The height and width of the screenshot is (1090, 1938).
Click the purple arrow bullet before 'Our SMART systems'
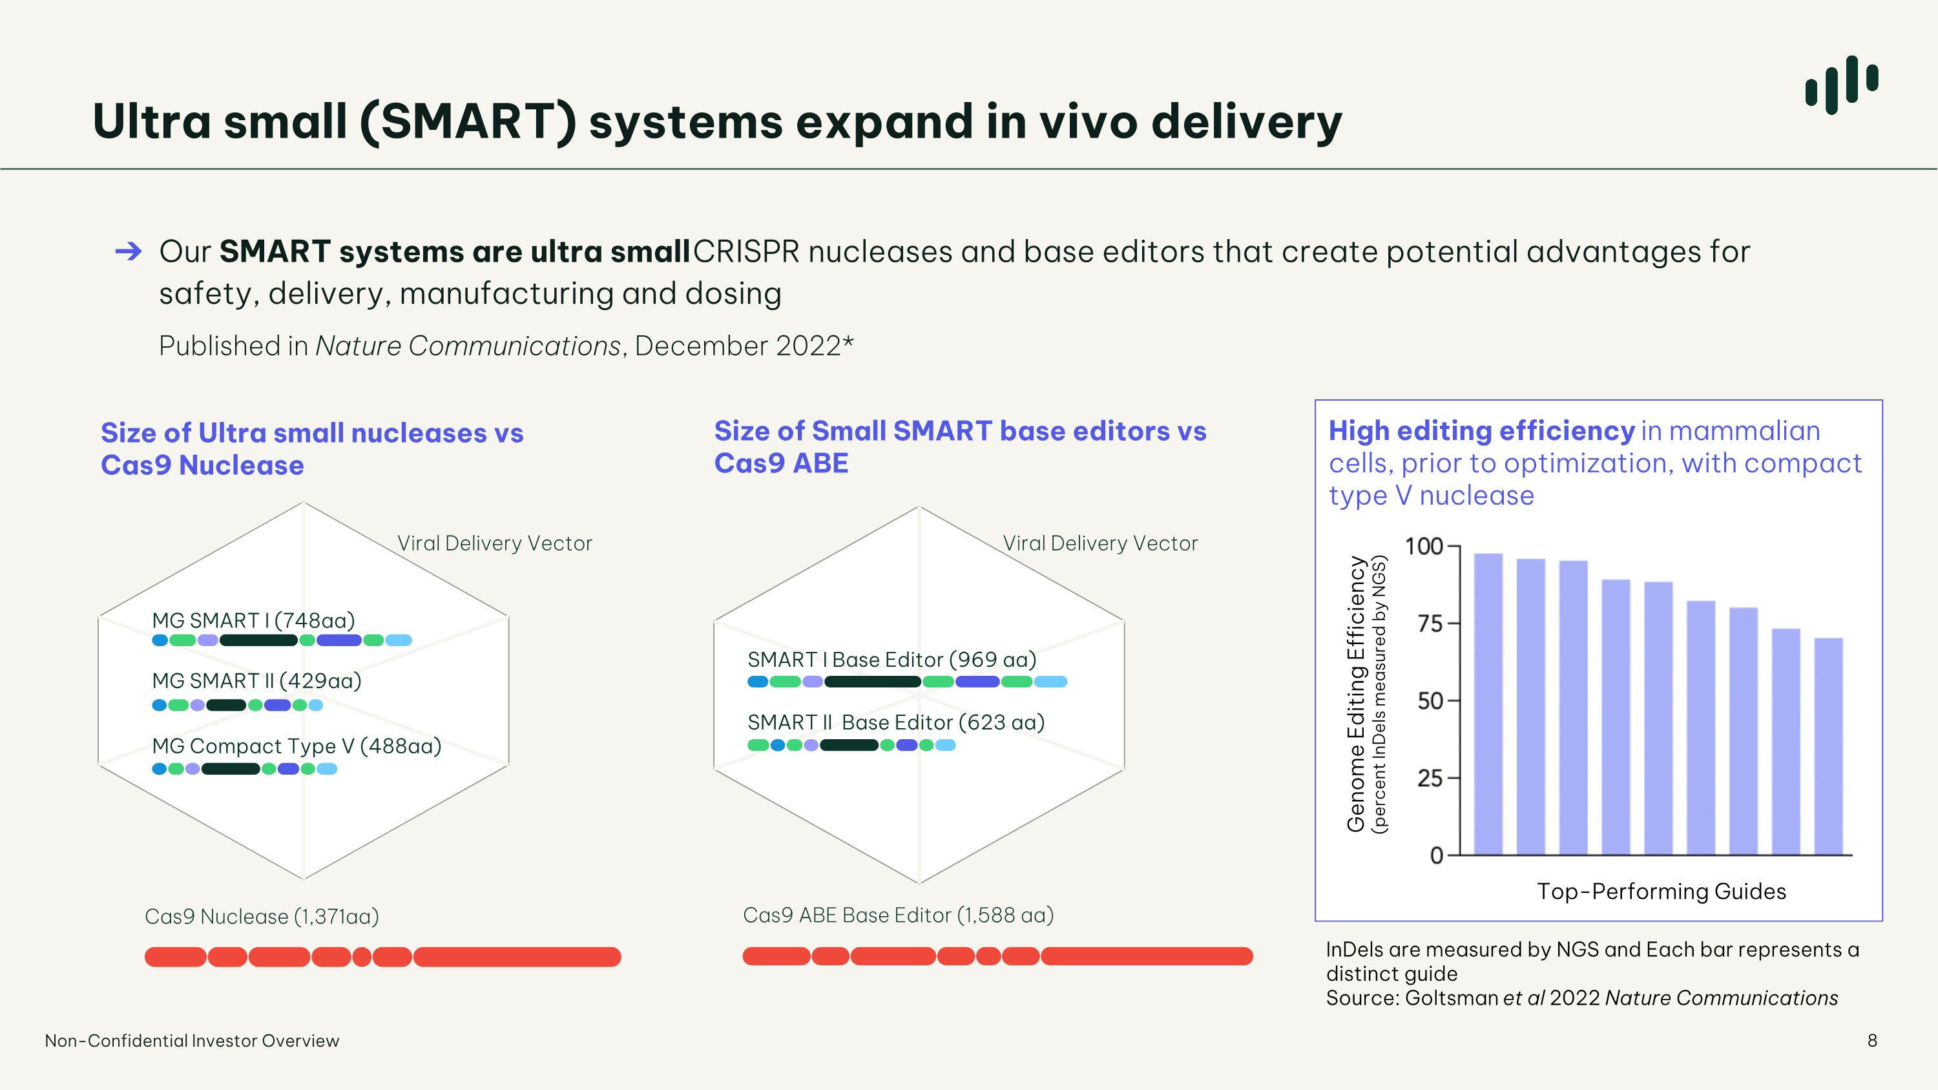coord(129,251)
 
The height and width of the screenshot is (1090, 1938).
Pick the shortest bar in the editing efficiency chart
coord(1829,746)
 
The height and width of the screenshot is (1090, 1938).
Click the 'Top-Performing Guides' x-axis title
coord(1661,892)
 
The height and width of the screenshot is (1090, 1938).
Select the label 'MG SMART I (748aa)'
coord(253,621)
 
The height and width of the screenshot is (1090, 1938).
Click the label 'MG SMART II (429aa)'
coord(256,681)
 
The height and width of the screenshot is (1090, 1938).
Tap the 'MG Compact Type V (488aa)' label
coord(297,746)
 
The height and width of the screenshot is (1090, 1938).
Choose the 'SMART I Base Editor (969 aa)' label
coord(891,660)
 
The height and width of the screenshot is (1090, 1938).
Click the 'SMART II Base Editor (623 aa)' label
coord(896,723)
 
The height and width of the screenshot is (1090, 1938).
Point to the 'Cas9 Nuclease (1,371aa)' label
coord(262,917)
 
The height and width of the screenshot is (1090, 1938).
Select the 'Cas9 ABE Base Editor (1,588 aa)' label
coord(899,916)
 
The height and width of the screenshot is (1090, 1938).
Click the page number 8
coord(1873,1040)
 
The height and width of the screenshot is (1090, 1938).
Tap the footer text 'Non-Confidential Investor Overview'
coord(192,1041)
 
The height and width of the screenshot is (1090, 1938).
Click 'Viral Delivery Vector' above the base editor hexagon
coord(1100,543)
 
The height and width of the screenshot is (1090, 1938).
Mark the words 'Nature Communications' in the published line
coord(468,346)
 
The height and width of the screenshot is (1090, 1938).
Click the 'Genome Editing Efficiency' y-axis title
coord(1356,693)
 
